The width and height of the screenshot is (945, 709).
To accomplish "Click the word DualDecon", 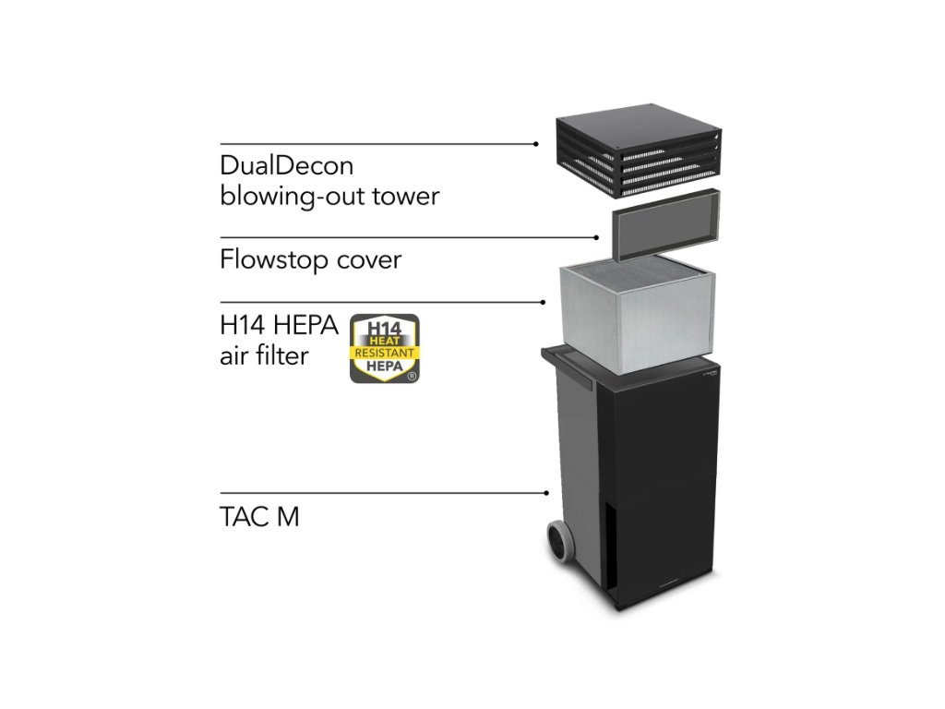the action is pyautogui.click(x=286, y=166).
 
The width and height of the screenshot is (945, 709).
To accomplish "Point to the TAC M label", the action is pyautogui.click(x=259, y=517).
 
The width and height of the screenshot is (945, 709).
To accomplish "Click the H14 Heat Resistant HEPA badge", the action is pyautogui.click(x=385, y=348).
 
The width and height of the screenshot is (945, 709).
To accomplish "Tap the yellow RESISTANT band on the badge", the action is pyautogui.click(x=385, y=354).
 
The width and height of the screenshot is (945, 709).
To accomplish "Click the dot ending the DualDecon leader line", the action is pyautogui.click(x=536, y=144).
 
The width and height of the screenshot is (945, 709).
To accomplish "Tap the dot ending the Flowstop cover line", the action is pyautogui.click(x=598, y=237).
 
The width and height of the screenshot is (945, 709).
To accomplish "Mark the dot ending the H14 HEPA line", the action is pyautogui.click(x=544, y=302).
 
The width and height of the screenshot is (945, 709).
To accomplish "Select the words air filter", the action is pyautogui.click(x=264, y=355).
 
